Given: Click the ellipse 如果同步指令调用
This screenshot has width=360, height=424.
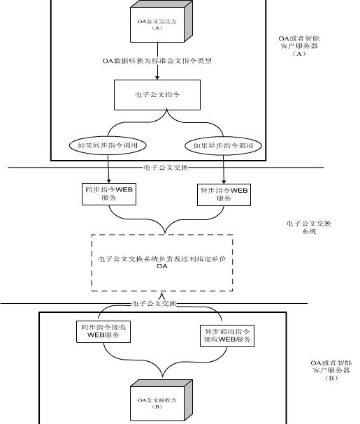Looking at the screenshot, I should point(109,145).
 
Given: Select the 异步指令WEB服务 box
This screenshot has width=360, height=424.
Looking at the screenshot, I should point(223,193).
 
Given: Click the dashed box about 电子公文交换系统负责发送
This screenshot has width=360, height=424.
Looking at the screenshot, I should point(162,263).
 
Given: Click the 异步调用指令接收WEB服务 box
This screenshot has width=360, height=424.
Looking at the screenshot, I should point(227,335).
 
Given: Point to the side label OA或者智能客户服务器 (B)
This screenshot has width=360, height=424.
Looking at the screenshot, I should point(331,370).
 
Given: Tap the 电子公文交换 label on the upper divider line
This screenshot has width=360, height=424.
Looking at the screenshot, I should point(166,167).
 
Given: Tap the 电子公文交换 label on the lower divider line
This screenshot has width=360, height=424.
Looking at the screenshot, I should point(154,304).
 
